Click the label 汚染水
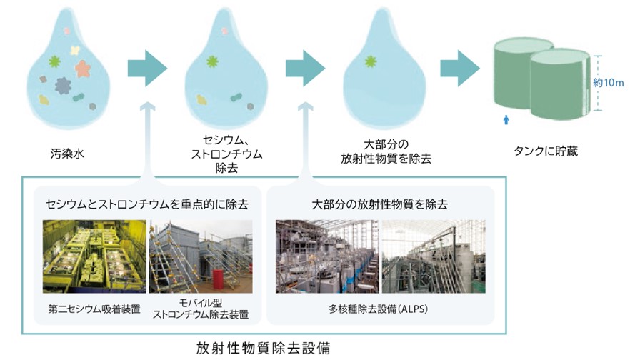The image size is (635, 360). coord(67,154)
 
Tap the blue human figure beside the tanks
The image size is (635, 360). coord(506,119)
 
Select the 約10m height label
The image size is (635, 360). coord(609,83)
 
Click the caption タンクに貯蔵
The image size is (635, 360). coord(546,151)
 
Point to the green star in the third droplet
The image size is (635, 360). coord(370,61)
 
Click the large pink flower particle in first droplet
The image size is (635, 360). coord(83,69)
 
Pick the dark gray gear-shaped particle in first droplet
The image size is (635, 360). coord(63,86)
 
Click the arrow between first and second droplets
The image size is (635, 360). coord(147,69)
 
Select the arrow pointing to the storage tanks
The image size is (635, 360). coord(460,69)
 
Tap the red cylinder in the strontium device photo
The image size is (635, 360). coord(219,280)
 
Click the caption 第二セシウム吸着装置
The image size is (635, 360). coord(94,309)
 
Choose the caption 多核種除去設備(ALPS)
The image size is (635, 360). coord(379,309)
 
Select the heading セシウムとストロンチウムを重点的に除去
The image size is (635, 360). coord(146,204)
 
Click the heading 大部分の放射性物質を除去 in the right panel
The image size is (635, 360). coord(379,204)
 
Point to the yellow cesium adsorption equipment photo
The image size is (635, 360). coord(94,256)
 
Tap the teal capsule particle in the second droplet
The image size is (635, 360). coord(236,97)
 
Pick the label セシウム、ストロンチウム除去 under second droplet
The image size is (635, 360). coord(226,154)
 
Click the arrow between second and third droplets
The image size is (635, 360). coord(305,69)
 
